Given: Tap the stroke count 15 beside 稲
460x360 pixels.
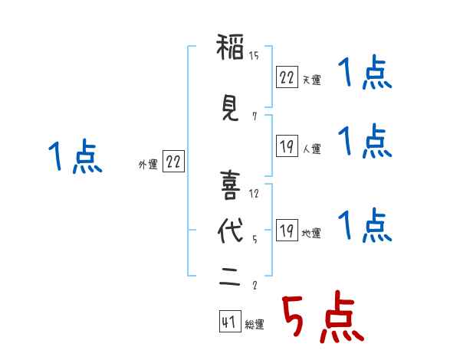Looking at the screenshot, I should click(x=255, y=55).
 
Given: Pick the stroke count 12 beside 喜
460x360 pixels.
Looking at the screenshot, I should click(x=255, y=193).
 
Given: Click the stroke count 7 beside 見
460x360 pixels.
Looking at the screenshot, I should click(x=254, y=116).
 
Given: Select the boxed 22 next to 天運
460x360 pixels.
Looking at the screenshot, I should click(x=287, y=77).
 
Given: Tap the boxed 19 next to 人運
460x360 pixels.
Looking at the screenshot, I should click(x=287, y=146).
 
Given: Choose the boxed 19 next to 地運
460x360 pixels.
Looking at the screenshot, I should click(x=287, y=231).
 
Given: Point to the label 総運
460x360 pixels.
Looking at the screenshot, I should click(x=255, y=325).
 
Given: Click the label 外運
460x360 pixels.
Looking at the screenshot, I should click(x=148, y=163).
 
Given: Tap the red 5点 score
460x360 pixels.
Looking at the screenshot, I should click(x=321, y=318).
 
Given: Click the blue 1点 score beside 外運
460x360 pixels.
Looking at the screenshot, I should click(x=75, y=158).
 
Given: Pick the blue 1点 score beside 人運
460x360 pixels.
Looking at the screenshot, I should click(x=365, y=141).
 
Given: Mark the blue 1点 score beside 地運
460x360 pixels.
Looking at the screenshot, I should click(x=365, y=226).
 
